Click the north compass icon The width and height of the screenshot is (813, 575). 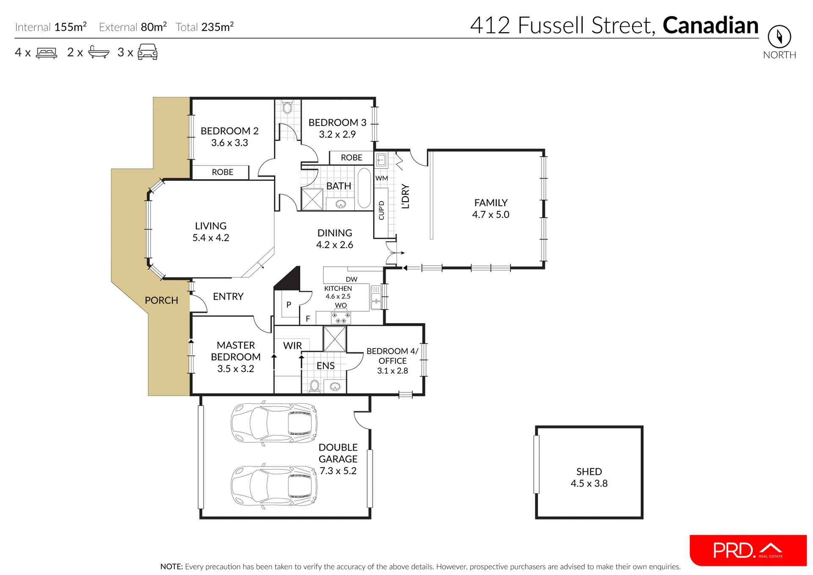point(779,37)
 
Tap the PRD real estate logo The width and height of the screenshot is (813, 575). point(748,550)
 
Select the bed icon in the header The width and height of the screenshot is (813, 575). point(47,53)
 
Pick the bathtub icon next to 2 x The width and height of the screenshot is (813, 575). point(99,52)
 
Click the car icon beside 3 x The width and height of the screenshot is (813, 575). point(147,52)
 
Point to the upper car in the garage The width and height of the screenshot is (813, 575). point(274,423)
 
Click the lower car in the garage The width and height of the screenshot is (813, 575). point(274,486)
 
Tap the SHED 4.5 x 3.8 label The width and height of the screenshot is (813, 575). point(589,477)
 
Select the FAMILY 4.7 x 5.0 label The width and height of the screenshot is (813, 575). point(490,208)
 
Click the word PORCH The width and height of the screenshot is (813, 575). point(161,300)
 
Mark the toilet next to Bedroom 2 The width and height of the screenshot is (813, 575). point(288,107)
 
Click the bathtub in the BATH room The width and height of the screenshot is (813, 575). point(364,188)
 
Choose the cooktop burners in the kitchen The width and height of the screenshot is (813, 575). point(340,318)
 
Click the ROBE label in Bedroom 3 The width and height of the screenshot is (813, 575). point(351,158)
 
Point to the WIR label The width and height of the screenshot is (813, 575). point(292,346)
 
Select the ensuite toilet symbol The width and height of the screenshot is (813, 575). point(314,386)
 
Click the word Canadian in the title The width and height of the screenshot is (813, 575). point(710,25)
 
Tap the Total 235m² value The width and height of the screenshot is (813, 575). point(217,27)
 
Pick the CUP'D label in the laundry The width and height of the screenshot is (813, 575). point(381,210)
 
